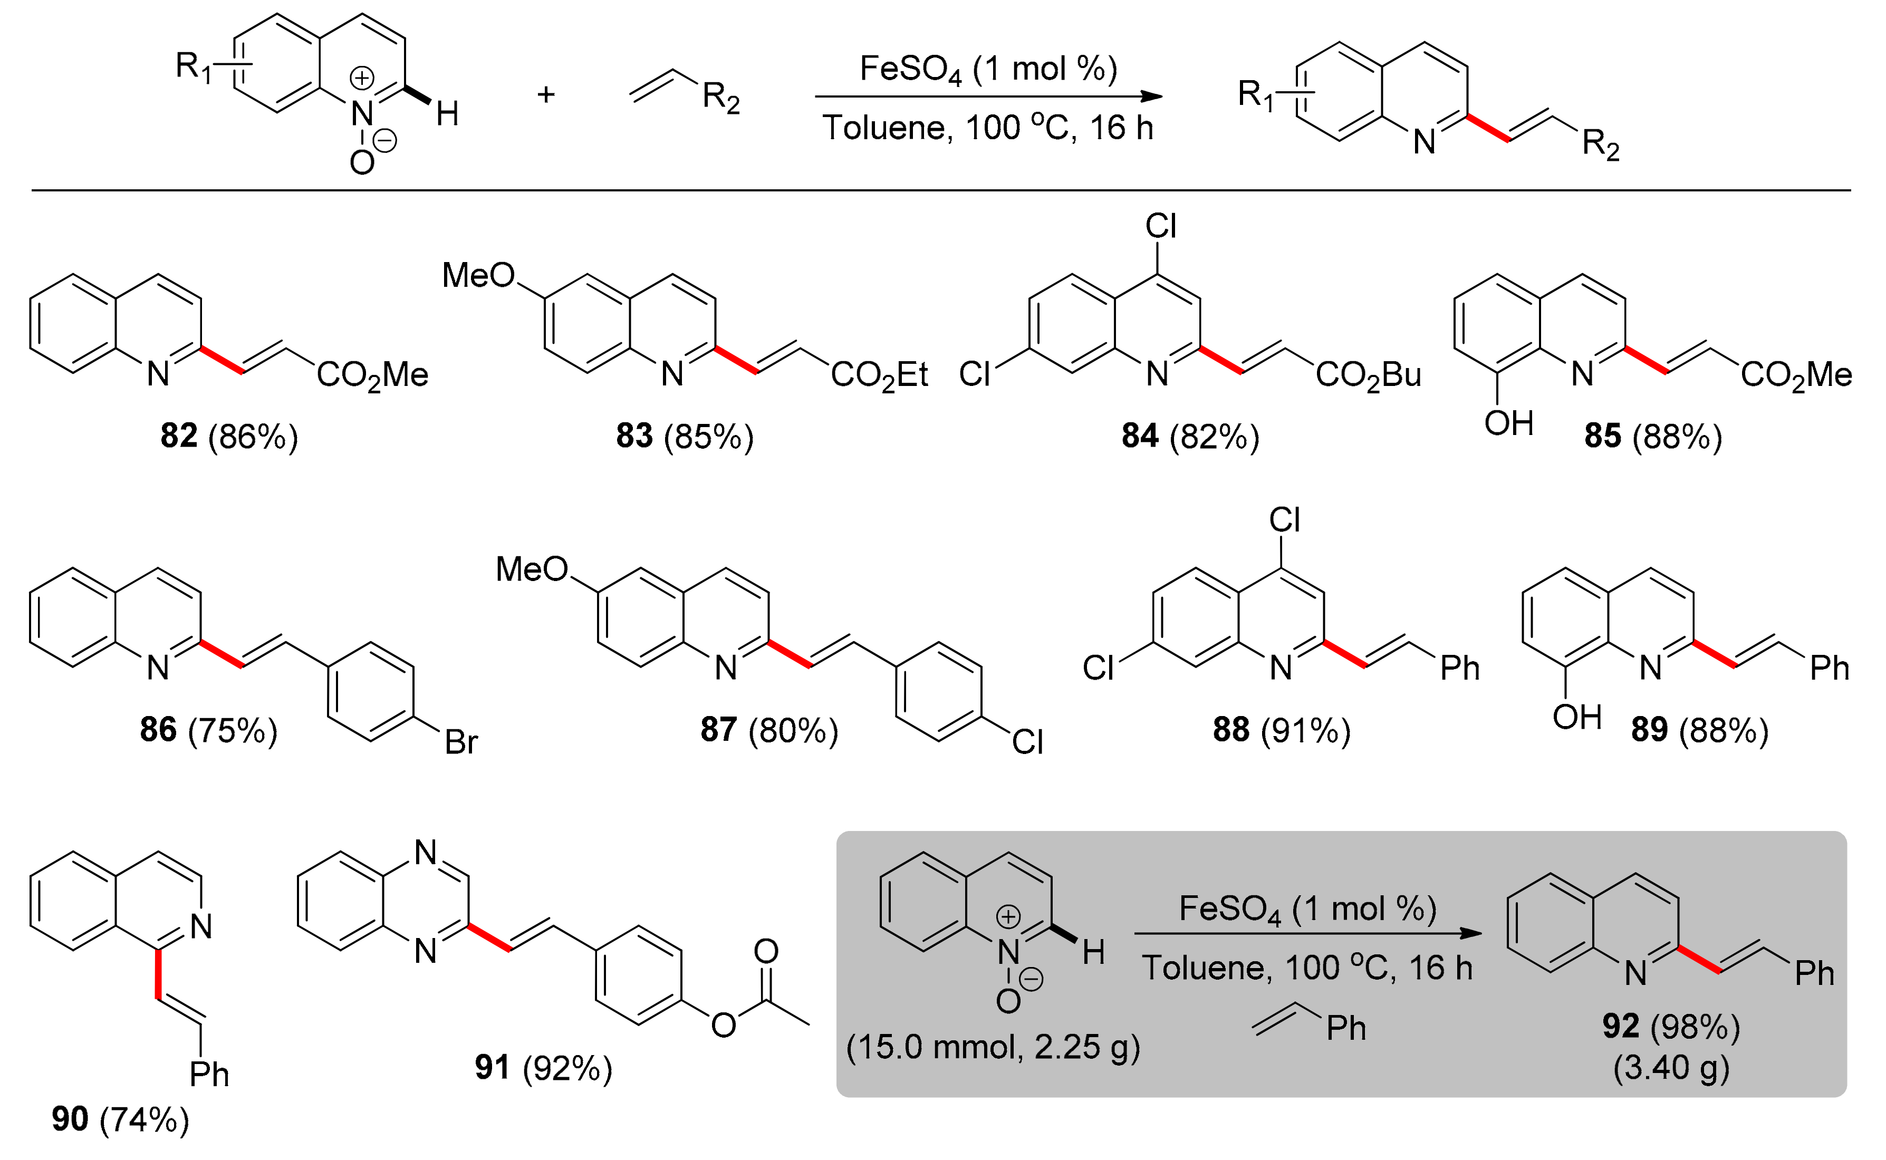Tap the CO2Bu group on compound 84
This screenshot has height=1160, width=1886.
pyautogui.click(x=1368, y=375)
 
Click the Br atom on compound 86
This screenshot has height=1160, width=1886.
pyautogui.click(x=461, y=742)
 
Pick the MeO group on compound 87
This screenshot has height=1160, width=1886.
pyautogui.click(x=532, y=568)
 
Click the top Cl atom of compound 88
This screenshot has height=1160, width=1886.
pyautogui.click(x=1284, y=520)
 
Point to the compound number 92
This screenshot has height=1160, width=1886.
pyautogui.click(x=1621, y=1026)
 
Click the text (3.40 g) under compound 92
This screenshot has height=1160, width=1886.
pyautogui.click(x=1671, y=1068)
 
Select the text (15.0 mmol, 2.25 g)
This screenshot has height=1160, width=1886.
pyautogui.click(x=993, y=1047)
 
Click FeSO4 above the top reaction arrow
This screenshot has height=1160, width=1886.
pyautogui.click(x=910, y=69)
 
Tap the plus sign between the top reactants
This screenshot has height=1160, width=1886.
pyautogui.click(x=545, y=94)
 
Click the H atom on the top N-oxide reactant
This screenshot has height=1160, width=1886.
pyautogui.click(x=447, y=115)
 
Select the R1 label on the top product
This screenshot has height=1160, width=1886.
pyautogui.click(x=1256, y=95)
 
